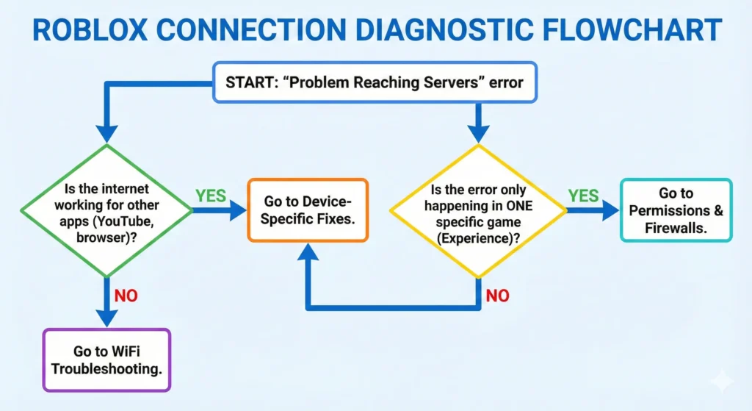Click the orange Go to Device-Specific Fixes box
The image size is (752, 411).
click(x=306, y=210)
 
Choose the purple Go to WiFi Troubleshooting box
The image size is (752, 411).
click(x=106, y=360)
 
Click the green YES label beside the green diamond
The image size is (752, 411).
click(x=211, y=196)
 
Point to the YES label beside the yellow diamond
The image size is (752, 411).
click(x=582, y=196)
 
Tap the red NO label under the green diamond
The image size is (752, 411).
click(x=126, y=296)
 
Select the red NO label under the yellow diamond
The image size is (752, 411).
click(x=498, y=296)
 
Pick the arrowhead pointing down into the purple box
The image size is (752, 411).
click(x=106, y=318)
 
